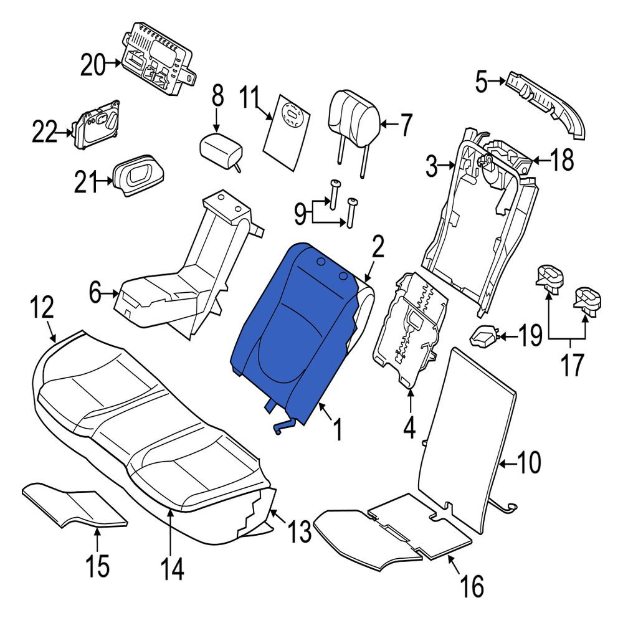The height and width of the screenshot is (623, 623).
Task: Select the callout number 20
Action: click(x=93, y=64)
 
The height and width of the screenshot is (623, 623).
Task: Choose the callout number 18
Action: click(x=562, y=161)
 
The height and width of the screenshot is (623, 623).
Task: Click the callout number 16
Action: click(x=472, y=585)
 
